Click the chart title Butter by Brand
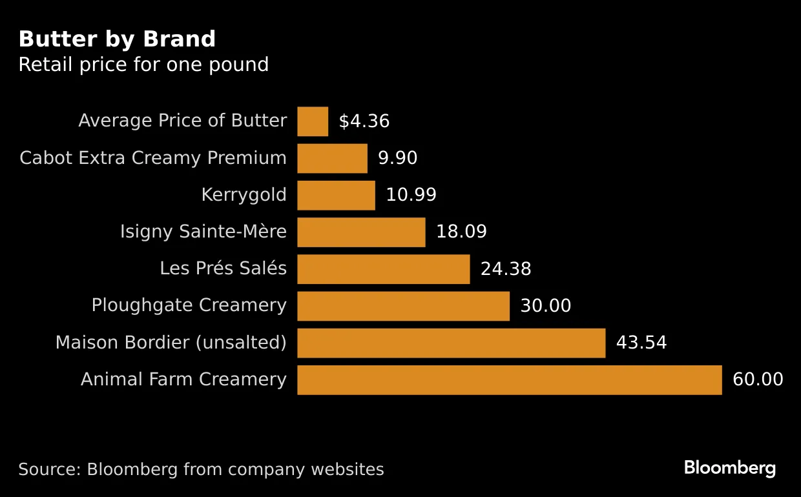(117, 39)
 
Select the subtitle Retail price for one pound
(143, 65)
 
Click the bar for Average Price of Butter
(313, 121)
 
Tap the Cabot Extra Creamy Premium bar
(332, 158)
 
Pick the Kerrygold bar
(336, 195)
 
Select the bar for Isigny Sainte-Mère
(361, 232)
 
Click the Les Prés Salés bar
(383, 269)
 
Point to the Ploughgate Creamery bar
(403, 306)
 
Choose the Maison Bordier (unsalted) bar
(451, 343)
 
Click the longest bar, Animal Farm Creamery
(509, 380)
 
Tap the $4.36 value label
(364, 121)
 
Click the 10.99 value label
(411, 195)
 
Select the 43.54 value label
(641, 343)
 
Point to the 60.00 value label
(757, 380)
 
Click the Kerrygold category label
(244, 195)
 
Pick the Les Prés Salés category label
(223, 269)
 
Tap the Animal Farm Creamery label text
(183, 380)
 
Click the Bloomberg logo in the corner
(730, 469)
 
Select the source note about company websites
(201, 469)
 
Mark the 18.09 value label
(461, 232)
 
